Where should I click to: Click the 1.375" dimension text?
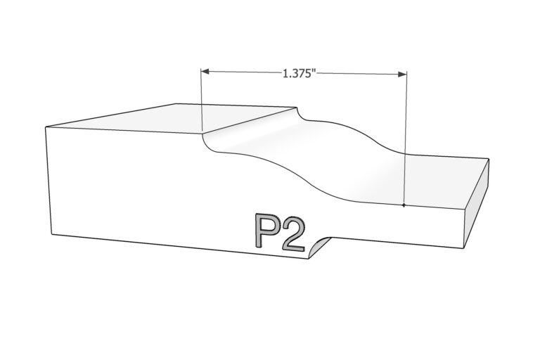click(x=299, y=73)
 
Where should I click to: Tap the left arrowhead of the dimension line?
click(x=205, y=71)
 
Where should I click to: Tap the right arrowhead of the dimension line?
click(x=402, y=74)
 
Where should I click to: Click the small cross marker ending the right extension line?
click(x=404, y=205)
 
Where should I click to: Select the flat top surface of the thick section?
click(x=172, y=118)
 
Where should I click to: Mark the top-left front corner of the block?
click(x=46, y=127)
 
